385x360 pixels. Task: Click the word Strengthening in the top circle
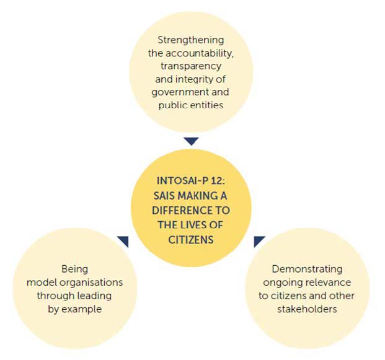[x=190, y=40]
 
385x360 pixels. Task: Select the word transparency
[x=190, y=66]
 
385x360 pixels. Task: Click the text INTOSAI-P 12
[x=190, y=181]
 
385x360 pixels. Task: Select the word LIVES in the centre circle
[x=195, y=224]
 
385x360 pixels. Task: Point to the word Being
[x=74, y=269]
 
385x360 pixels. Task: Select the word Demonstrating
[x=307, y=269]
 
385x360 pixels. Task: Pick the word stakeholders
[x=307, y=309]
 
